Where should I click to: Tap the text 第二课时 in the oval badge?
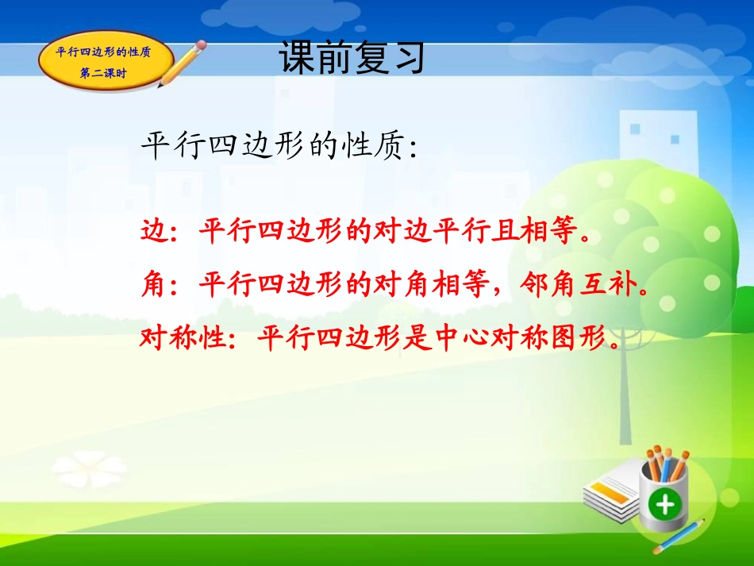104,74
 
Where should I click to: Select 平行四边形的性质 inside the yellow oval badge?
104,53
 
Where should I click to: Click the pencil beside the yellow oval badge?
182,64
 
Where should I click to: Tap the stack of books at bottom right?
611,488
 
